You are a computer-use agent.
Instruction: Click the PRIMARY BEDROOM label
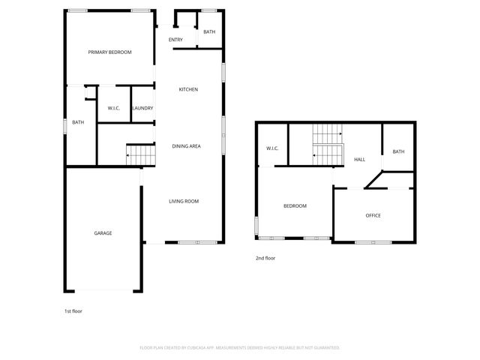pyautogui.click(x=109, y=52)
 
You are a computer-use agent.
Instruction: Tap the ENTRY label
pyautogui.click(x=175, y=40)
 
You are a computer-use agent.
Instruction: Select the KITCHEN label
pyautogui.click(x=188, y=90)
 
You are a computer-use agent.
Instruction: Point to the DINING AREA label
pyautogui.click(x=186, y=146)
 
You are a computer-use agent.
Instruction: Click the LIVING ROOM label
pyautogui.click(x=184, y=201)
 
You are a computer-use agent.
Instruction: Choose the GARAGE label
pyautogui.click(x=103, y=233)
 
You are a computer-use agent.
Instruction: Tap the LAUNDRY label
pyautogui.click(x=142, y=109)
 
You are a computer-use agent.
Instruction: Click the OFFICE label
pyautogui.click(x=373, y=215)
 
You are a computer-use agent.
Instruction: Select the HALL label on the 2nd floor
pyautogui.click(x=360, y=160)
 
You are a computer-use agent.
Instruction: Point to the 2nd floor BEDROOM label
pyautogui.click(x=295, y=205)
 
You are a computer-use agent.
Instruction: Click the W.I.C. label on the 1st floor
pyautogui.click(x=115, y=109)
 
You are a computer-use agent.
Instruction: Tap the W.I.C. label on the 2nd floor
pyautogui.click(x=272, y=148)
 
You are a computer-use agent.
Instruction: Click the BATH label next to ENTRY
pyautogui.click(x=209, y=32)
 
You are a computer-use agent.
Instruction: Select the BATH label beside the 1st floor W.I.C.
pyautogui.click(x=78, y=122)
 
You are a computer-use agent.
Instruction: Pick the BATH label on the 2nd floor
pyautogui.click(x=398, y=151)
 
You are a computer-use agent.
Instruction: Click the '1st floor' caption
pyautogui.click(x=73, y=310)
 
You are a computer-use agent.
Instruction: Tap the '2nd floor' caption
pyautogui.click(x=265, y=258)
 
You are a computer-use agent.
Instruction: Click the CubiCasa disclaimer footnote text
pyautogui.click(x=240, y=348)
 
